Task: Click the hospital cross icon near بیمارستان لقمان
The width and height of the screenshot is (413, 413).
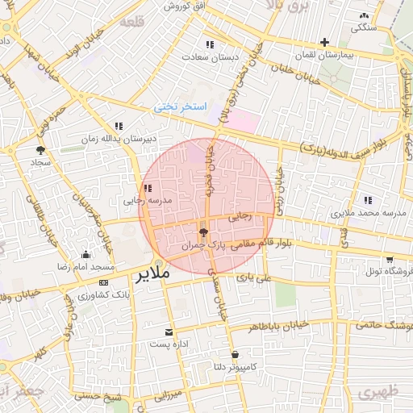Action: point(324,42)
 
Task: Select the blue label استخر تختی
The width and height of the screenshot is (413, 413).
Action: point(181,107)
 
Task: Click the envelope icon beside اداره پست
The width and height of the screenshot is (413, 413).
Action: point(169,332)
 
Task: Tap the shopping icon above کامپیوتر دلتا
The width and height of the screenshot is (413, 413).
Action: point(235,354)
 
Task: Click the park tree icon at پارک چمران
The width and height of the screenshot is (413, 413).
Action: point(202,232)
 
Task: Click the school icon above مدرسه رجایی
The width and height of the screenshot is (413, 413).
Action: point(147,187)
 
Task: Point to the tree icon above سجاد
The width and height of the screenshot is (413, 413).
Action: point(40,149)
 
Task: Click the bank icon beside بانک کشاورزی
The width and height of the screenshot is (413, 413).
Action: point(104,283)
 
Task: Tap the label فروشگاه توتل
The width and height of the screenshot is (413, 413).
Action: point(390,272)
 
